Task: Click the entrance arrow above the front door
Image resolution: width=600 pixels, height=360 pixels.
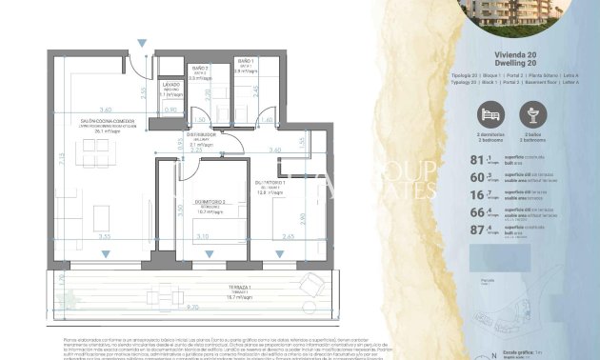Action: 142,44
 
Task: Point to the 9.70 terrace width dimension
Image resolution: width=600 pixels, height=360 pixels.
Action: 193,307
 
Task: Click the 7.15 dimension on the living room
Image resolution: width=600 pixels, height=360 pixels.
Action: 60,160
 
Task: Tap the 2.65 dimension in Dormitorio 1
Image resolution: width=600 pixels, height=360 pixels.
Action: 288,235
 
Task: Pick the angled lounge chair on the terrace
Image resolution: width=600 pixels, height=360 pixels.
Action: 310,284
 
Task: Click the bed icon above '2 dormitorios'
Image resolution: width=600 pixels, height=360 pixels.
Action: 490,115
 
